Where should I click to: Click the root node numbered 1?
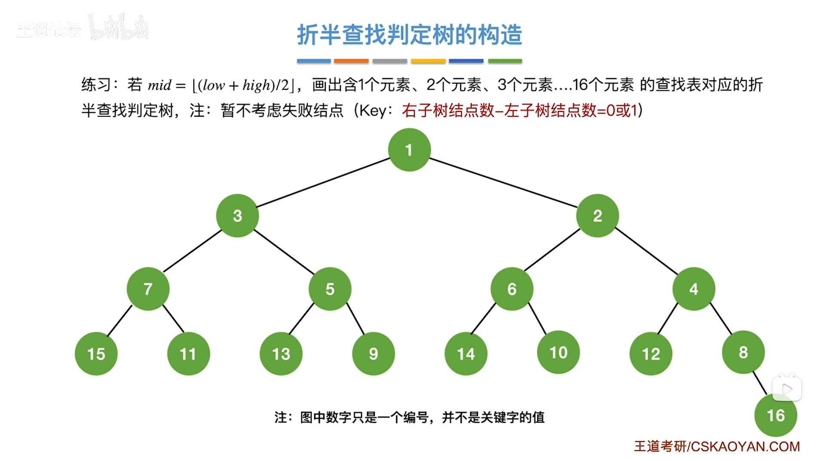point(409,150)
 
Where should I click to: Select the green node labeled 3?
point(237,215)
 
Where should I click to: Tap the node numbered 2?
point(597,215)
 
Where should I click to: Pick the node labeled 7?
point(148,289)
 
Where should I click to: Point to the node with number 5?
point(330,289)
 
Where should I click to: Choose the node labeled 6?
point(511,289)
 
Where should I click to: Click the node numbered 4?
point(693,289)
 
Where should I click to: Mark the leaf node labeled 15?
point(96,353)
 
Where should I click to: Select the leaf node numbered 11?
point(188,353)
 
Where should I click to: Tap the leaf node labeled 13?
point(281,353)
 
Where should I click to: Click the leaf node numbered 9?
point(373,353)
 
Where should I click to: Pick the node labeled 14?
point(465,353)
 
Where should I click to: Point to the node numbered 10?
point(558,352)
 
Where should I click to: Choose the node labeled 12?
point(651,353)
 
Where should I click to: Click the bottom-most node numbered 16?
point(775,415)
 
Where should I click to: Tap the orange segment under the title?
point(351,61)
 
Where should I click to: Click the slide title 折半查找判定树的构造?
point(409,34)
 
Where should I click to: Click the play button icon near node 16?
point(786,389)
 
